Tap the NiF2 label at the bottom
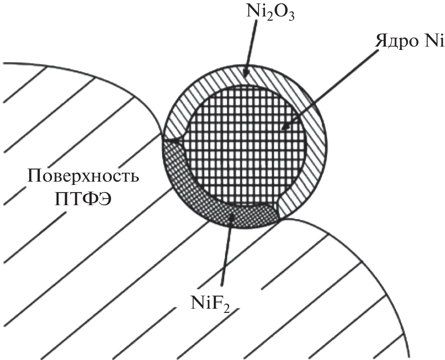210,304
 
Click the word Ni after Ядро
433,41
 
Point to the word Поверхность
83,176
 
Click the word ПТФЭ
83,199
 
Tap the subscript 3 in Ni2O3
290,17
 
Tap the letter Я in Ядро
381,41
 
